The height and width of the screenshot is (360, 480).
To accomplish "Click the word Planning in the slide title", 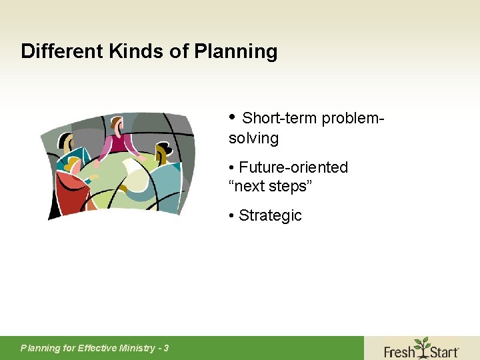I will pos(236,52).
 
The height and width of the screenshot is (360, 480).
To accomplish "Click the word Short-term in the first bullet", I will pos(279,119).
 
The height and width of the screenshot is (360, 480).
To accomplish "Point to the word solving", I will pos(253,139).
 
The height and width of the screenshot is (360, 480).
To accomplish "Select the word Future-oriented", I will pos(293,167).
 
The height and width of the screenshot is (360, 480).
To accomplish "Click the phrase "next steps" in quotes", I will pos(270,186).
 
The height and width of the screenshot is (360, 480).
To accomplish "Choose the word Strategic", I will pos(270,215).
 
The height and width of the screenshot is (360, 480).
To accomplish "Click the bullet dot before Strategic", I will pos(231,215).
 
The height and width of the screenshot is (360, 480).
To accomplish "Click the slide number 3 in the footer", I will pos(165,348).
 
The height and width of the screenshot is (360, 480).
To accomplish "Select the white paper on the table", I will pos(137,176).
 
